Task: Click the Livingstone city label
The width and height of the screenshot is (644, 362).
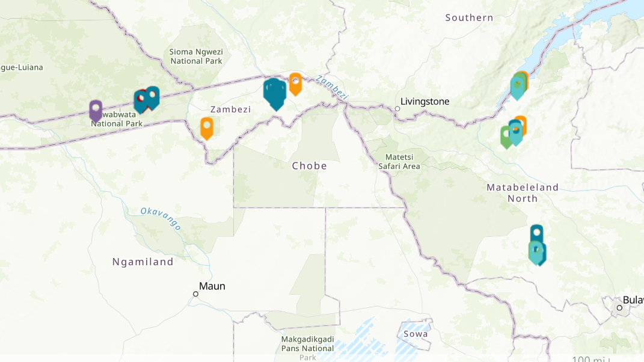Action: [425, 102]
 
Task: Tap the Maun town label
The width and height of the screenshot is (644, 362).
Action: [212, 286]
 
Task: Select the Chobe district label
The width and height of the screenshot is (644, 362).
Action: [310, 166]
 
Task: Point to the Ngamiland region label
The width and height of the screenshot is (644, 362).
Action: [143, 262]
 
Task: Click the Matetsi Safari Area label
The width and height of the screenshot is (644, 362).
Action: [399, 162]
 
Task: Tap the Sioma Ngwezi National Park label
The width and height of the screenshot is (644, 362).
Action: [196, 57]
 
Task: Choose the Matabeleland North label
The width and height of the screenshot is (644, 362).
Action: [523, 192]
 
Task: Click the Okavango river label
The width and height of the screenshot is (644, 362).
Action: [161, 218]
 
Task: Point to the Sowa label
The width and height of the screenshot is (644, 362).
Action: [416, 334]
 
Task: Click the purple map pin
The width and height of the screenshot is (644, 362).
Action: [95, 110]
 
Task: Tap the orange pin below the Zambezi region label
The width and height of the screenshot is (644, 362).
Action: [206, 127]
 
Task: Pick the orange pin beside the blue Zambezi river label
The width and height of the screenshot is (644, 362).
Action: [295, 83]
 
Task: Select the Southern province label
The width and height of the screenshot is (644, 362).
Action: [469, 18]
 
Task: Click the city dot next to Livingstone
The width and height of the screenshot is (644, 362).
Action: [397, 109]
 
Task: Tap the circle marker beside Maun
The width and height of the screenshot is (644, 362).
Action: [195, 294]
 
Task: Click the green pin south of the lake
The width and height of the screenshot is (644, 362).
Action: [506, 137]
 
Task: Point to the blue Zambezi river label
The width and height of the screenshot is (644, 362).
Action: [332, 87]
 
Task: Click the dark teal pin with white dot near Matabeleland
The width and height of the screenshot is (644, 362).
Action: [536, 233]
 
